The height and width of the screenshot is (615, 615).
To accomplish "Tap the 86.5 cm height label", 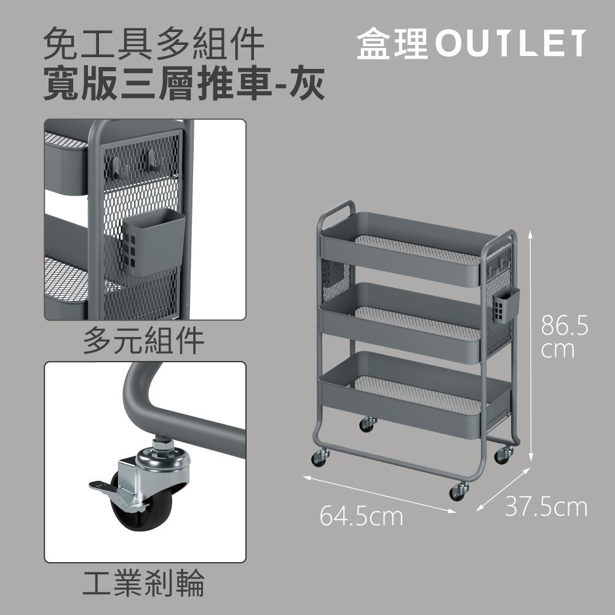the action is pyautogui.click(x=564, y=336).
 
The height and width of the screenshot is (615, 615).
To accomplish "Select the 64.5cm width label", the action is pyautogui.click(x=361, y=516).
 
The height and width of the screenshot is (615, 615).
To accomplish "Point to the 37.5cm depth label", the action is pyautogui.click(x=546, y=507).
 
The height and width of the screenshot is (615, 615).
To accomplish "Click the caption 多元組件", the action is pyautogui.click(x=143, y=341).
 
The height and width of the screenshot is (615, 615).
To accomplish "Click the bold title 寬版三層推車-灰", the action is pyautogui.click(x=184, y=84).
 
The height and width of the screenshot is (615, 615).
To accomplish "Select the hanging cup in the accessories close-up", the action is pyautogui.click(x=153, y=242).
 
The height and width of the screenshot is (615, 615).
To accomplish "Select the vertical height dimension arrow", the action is pyautogui.click(x=530, y=346).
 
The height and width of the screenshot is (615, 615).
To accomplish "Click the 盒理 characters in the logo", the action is pyautogui.click(x=392, y=44).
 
